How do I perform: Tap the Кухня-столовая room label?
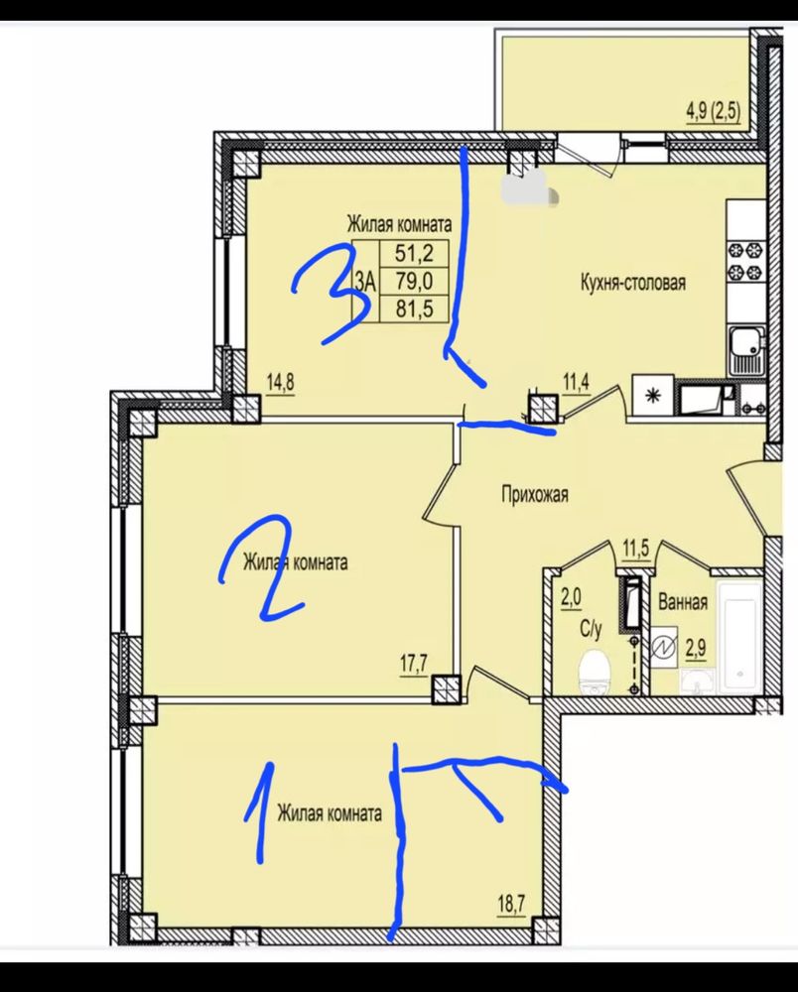click(633, 283)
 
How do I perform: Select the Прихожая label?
click(535, 493)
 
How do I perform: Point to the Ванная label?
click(683, 601)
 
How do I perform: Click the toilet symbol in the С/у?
click(595, 672)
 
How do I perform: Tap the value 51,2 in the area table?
click(414, 254)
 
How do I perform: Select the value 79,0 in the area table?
click(414, 281)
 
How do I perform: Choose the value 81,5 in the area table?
click(414, 309)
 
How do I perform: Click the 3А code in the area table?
click(366, 281)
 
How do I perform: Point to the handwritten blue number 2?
click(262, 565)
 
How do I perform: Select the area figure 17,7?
click(415, 666)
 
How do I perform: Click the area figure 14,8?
click(281, 383)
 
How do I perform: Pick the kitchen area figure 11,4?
click(577, 383)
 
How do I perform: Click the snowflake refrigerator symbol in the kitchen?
click(652, 397)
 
